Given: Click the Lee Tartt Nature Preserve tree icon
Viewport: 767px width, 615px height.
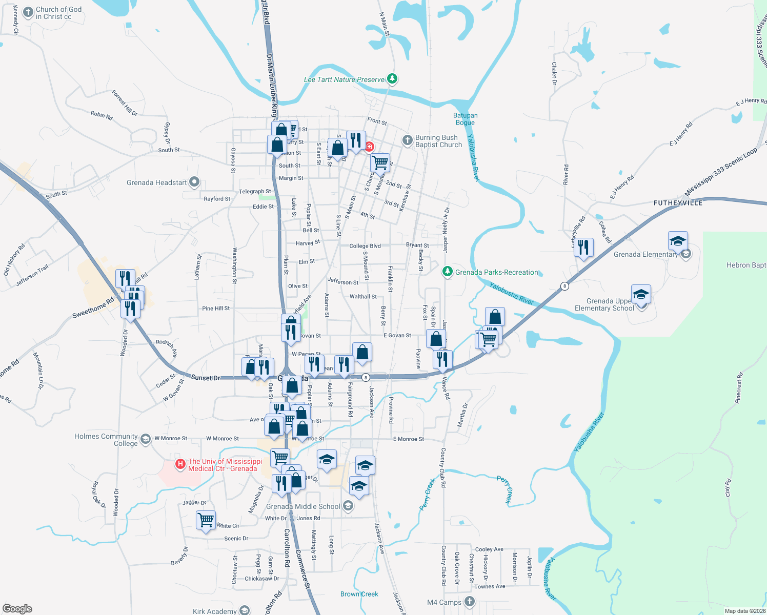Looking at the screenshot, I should coord(392,79).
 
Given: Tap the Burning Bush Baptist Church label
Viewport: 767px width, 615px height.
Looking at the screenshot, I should coord(438,141).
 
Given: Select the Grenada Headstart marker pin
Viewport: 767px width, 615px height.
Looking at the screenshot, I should coord(194,182).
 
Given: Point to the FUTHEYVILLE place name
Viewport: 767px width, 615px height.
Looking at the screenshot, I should coord(678,203).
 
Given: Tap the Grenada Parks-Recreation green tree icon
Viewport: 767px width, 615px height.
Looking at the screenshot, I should coord(448,271).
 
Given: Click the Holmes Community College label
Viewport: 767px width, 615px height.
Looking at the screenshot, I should coord(106,440).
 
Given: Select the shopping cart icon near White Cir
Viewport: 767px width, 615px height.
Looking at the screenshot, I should coord(206,520).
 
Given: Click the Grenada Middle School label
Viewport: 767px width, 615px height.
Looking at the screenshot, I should coord(303,506).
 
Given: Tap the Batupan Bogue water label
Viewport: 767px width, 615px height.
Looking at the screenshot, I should coord(466,119).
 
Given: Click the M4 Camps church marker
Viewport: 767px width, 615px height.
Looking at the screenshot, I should coord(469,601).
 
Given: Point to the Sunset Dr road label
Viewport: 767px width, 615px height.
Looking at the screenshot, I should coord(205,378).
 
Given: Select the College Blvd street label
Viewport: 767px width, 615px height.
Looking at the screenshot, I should coord(365,246).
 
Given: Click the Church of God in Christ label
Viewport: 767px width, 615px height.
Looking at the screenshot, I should coord(58,13).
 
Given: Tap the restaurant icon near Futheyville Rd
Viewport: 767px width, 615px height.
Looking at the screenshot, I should coord(583,248).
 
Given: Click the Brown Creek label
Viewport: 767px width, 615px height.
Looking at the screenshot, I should coord(359,594).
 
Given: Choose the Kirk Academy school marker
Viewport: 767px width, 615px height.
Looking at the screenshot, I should coord(245,610).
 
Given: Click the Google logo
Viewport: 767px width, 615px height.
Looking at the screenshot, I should coord(17,609).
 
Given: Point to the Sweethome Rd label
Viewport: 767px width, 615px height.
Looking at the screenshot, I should coord(93,308).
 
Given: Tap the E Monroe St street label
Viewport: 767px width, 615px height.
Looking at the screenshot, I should coord(408,439).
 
